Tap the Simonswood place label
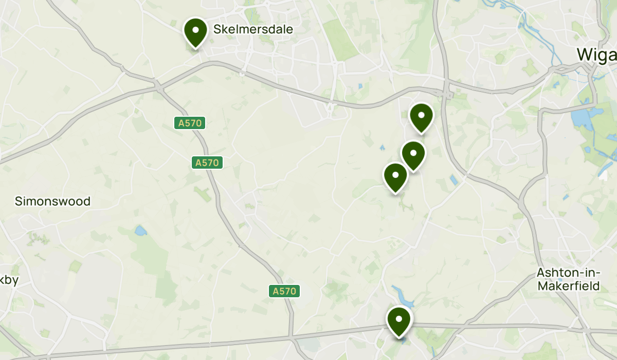click(52, 201)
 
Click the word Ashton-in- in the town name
click(568, 272)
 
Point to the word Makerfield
click(569, 286)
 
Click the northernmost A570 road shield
click(190, 123)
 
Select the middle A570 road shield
click(208, 163)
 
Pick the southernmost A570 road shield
click(284, 291)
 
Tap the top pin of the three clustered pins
click(421, 116)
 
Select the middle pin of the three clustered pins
click(413, 154)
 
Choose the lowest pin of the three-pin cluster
click(395, 176)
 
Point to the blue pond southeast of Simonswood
click(140, 231)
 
